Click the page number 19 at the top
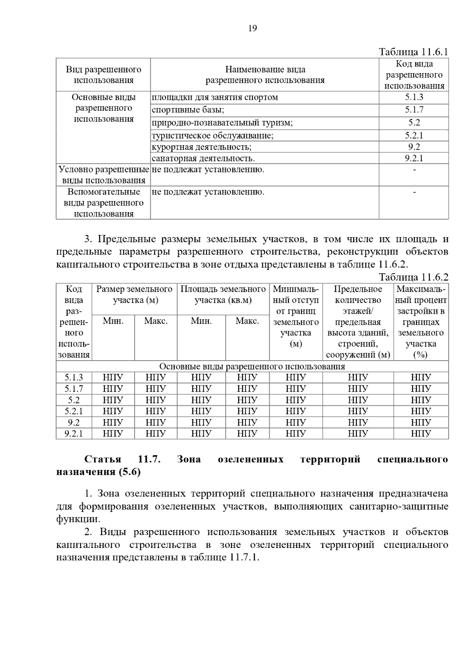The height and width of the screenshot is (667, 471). (x=252, y=28)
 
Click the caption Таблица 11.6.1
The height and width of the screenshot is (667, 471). (x=413, y=52)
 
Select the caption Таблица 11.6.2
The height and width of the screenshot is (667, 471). (x=413, y=277)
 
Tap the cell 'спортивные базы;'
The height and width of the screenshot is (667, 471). (x=188, y=110)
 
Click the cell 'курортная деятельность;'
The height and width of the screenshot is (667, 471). (x=201, y=147)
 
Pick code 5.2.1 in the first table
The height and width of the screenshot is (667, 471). (x=414, y=136)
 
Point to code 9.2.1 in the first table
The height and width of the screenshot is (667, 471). (x=414, y=158)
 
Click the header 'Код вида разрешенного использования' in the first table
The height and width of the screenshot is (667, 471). (x=414, y=75)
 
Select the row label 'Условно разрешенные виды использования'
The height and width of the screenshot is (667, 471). (x=103, y=175)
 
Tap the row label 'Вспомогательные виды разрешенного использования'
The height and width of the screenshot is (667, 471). (x=103, y=203)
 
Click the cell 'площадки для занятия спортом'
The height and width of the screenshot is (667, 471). (x=215, y=97)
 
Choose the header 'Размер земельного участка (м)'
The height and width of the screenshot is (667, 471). (x=134, y=295)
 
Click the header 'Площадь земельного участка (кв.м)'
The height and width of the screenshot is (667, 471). (x=223, y=295)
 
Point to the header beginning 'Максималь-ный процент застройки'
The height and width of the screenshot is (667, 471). (x=421, y=322)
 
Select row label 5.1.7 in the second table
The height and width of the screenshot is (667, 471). (x=74, y=389)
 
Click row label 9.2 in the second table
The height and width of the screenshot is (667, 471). (x=74, y=423)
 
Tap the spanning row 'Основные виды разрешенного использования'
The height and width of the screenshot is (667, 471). (x=252, y=366)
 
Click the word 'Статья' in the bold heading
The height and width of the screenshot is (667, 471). (x=103, y=459)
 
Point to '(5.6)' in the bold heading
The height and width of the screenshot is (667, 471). (x=129, y=472)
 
